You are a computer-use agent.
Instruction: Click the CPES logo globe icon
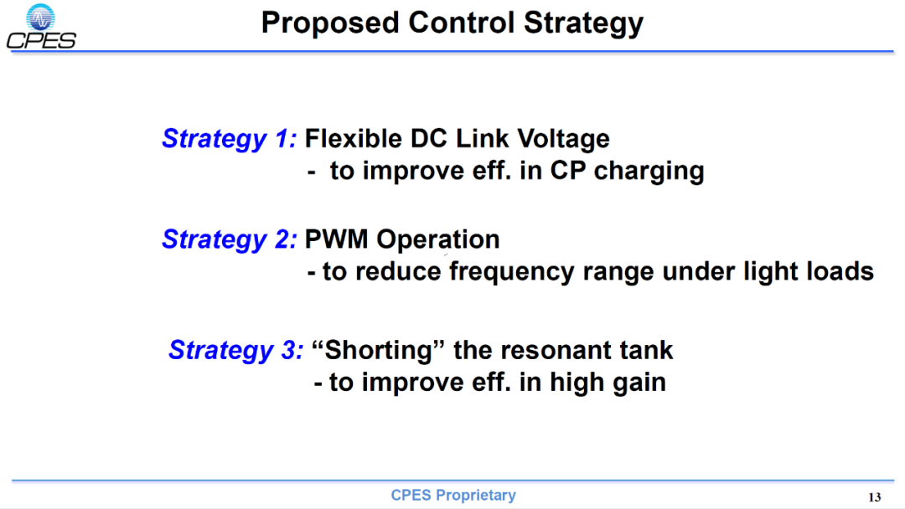click(x=40, y=18)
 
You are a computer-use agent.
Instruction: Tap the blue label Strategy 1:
click(x=229, y=140)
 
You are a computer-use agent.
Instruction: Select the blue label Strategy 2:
click(x=229, y=239)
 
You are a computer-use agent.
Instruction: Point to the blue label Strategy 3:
click(x=235, y=351)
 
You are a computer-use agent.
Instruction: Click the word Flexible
click(x=354, y=139)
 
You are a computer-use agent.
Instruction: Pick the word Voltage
click(x=563, y=140)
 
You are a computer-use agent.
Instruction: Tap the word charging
click(x=649, y=172)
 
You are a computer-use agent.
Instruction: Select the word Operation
click(x=438, y=239)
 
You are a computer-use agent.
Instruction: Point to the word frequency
click(x=511, y=272)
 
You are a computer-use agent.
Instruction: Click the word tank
click(x=646, y=351)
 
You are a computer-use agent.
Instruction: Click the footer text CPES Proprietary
click(x=453, y=495)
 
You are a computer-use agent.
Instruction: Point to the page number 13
click(x=874, y=497)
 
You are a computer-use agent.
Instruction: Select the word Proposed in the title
click(x=330, y=23)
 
